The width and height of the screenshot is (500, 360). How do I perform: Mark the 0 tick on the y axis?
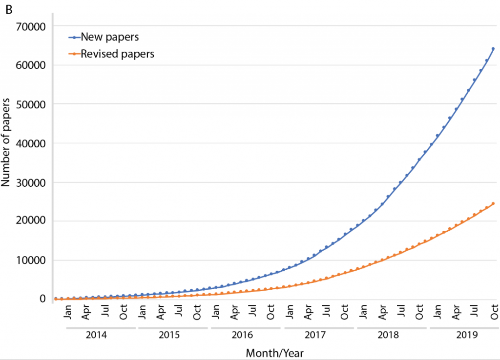coord(43,299)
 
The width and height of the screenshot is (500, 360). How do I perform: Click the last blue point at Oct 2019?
coord(493,48)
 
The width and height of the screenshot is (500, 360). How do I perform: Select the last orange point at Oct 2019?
coord(493,203)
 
